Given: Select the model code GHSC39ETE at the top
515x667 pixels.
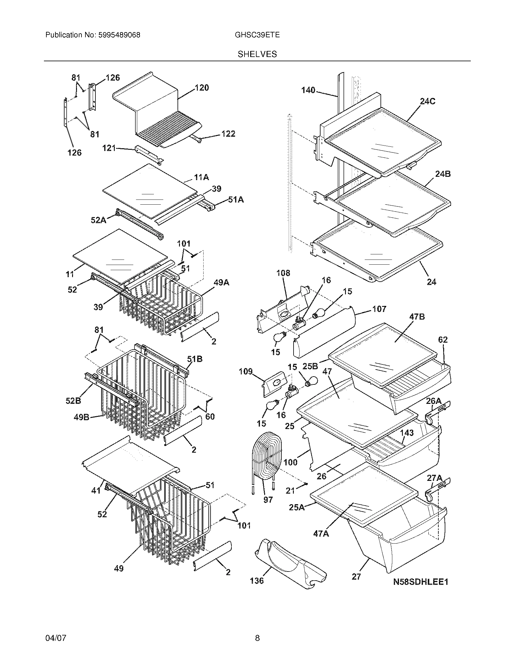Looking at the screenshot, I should pos(257,35).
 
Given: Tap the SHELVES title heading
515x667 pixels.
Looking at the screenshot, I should pos(257,54).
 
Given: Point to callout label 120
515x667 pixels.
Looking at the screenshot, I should pos(202,88).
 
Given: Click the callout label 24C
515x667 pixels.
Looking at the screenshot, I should pos(427,101).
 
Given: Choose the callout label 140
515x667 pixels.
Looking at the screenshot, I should pos(308,90).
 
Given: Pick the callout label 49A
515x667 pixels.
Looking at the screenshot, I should pos(221,283).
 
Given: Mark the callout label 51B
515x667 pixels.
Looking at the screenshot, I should pos(195,359).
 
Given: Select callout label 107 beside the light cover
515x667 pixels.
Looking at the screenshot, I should pos(379,309).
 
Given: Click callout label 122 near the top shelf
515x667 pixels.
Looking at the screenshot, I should pos(228,134).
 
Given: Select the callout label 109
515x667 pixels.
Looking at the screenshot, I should pos(246,371).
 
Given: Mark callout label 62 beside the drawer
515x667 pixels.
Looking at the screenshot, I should pos(443,340).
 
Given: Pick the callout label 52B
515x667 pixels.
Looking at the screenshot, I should pos(73,401).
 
